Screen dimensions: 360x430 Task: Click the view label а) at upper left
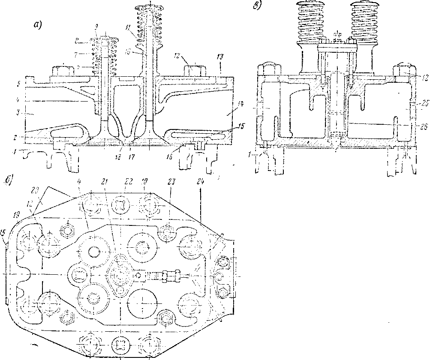tap(38, 25)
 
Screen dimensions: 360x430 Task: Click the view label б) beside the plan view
tap(9, 180)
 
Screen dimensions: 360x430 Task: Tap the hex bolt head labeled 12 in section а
tap(192, 69)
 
